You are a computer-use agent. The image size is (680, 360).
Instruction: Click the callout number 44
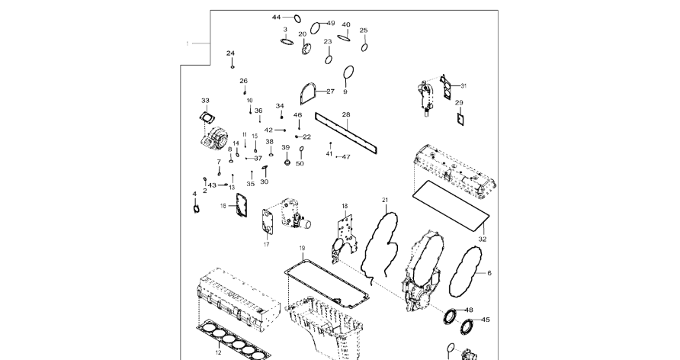click(277, 17)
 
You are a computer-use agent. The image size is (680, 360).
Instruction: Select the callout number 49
click(330, 24)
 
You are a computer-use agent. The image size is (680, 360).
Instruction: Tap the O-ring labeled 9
click(348, 73)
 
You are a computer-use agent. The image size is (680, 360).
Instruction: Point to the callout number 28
click(345, 115)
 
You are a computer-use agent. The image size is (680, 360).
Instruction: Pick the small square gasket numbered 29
click(460, 118)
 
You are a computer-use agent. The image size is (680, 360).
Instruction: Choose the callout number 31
click(463, 85)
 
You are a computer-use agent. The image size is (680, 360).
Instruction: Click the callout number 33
click(205, 101)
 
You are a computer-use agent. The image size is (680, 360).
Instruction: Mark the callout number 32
click(481, 239)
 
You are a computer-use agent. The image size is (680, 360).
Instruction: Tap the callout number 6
click(489, 273)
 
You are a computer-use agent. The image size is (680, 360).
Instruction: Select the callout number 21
click(385, 200)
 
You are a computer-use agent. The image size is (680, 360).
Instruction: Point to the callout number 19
click(302, 249)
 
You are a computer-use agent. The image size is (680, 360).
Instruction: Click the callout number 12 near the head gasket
click(218, 352)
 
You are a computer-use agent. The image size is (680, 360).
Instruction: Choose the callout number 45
click(486, 320)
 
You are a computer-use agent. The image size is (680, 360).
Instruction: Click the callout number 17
click(267, 244)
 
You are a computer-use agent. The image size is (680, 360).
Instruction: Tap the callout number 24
click(230, 53)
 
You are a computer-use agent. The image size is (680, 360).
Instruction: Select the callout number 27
click(330, 92)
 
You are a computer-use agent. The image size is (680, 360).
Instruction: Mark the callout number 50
click(300, 163)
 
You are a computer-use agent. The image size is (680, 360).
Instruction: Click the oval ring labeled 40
click(345, 36)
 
